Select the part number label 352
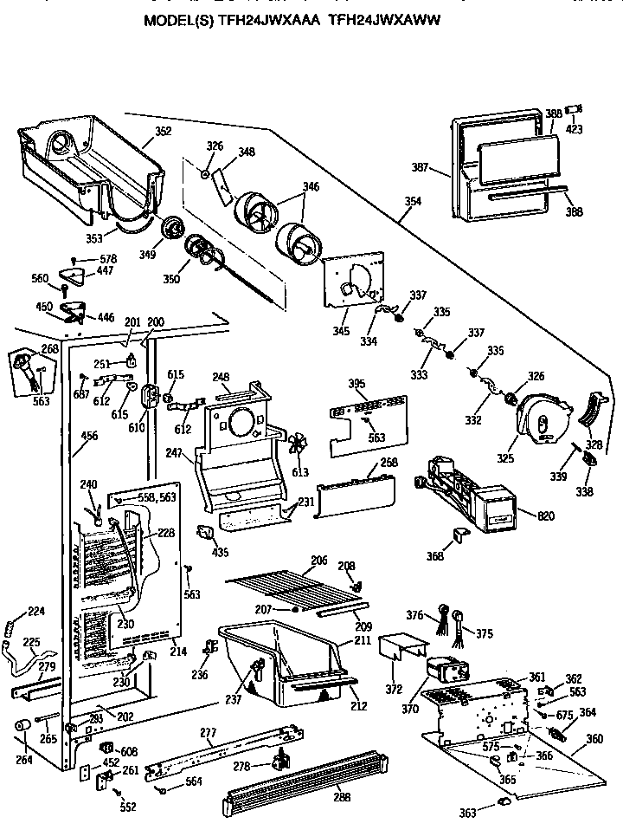click(x=163, y=132)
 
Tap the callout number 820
click(x=546, y=516)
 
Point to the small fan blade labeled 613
click(x=298, y=445)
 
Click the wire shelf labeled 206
click(x=290, y=584)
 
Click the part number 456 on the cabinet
click(x=87, y=438)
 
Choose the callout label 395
click(x=356, y=383)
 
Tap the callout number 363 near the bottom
click(x=468, y=813)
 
